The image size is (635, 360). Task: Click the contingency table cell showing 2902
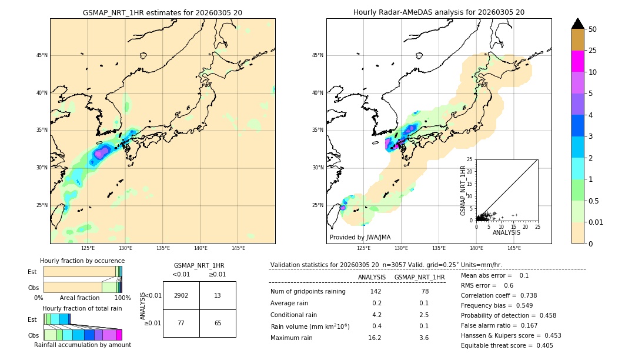point(181,295)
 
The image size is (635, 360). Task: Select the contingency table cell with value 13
point(218,295)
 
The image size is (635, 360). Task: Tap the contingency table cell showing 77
point(181,323)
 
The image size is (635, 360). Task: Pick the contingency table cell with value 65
point(218,323)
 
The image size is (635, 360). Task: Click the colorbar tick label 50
point(593,29)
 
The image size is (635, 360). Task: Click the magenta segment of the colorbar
point(577,61)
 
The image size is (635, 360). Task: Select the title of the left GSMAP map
point(162,12)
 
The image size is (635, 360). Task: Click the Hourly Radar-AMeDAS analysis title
point(439,12)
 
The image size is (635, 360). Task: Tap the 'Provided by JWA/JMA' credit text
point(360,238)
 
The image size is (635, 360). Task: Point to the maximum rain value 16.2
point(375,338)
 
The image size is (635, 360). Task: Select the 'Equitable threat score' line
point(507,346)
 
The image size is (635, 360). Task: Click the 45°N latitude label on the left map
point(42,55)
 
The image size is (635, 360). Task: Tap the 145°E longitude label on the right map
point(514,248)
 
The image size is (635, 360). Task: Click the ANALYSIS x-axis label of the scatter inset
point(506,233)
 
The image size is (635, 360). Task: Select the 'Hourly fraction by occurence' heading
point(82,261)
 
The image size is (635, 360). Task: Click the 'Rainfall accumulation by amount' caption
point(82,345)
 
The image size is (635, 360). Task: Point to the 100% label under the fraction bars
point(122,298)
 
